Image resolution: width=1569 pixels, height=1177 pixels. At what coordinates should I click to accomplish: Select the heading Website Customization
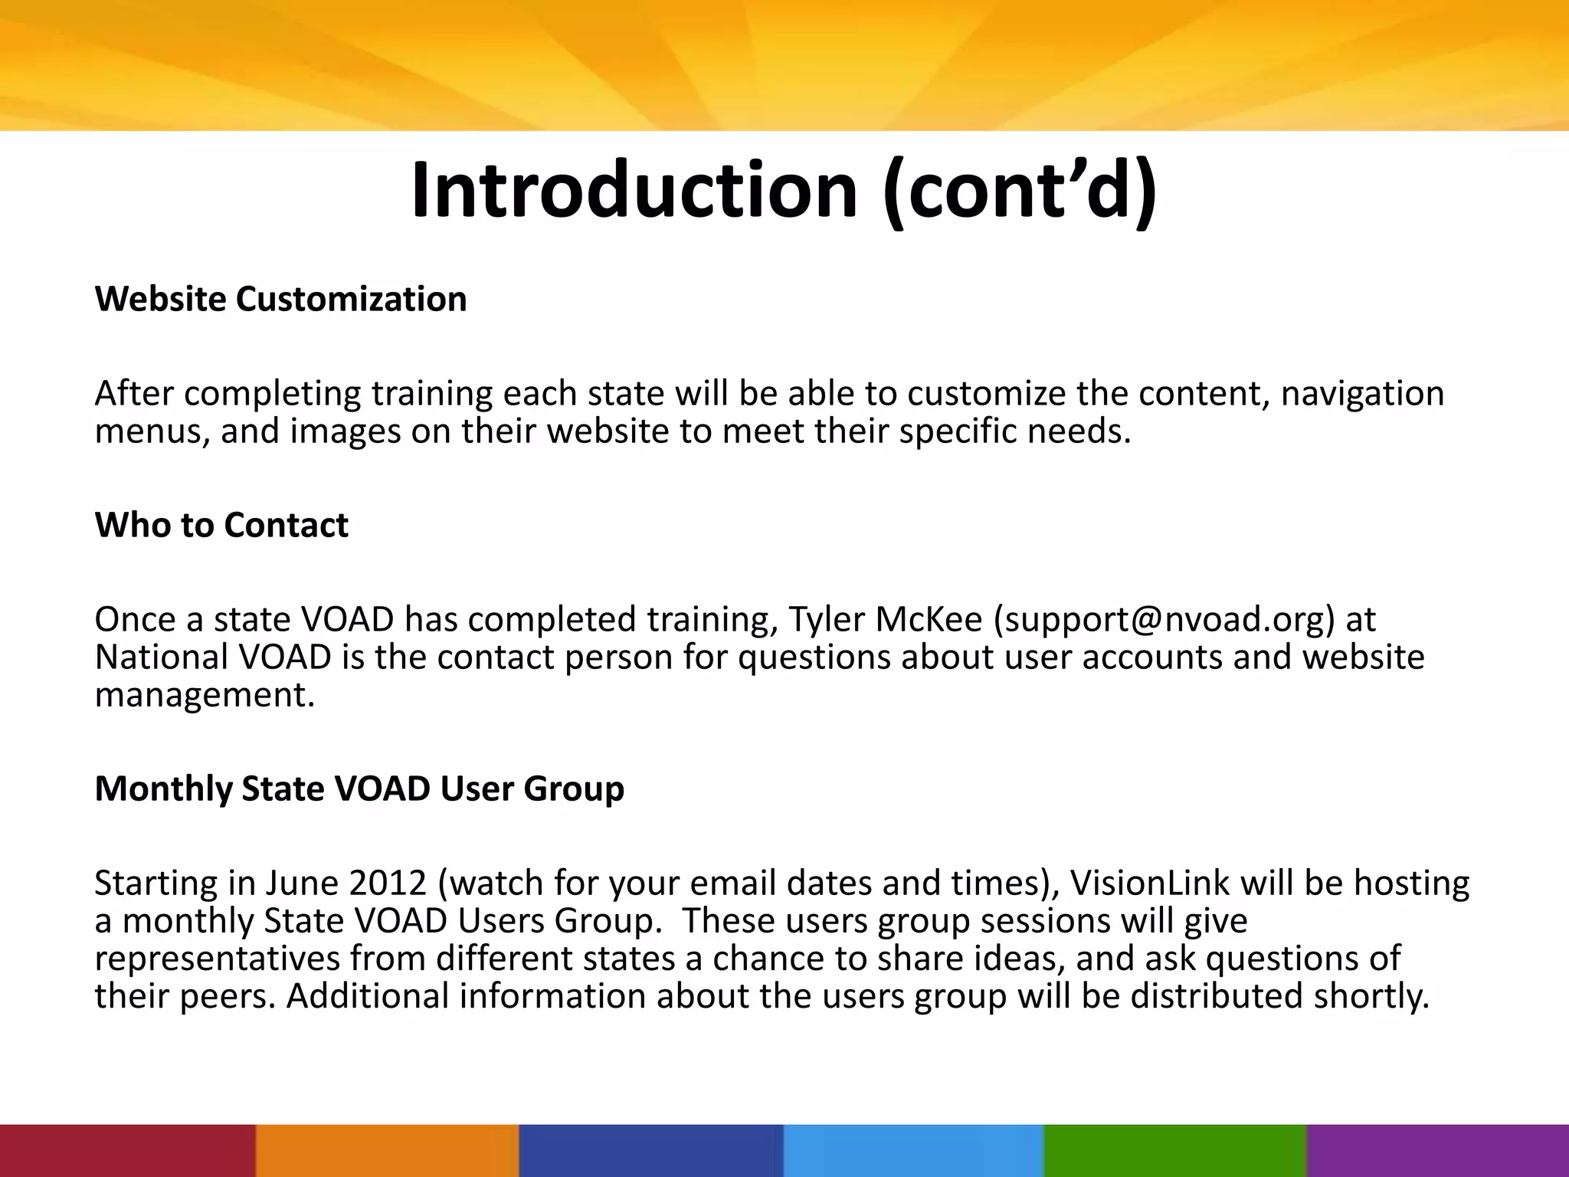coord(280,299)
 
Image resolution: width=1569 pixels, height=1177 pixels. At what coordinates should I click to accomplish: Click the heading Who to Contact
coord(221,526)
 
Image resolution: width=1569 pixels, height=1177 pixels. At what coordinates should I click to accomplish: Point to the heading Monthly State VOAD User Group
coord(359,788)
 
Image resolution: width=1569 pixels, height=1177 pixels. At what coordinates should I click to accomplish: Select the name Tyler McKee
coord(885,619)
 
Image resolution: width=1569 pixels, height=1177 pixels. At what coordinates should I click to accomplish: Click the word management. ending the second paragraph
coord(205,695)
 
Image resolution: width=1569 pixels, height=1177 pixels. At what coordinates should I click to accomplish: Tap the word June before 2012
coord(301,883)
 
